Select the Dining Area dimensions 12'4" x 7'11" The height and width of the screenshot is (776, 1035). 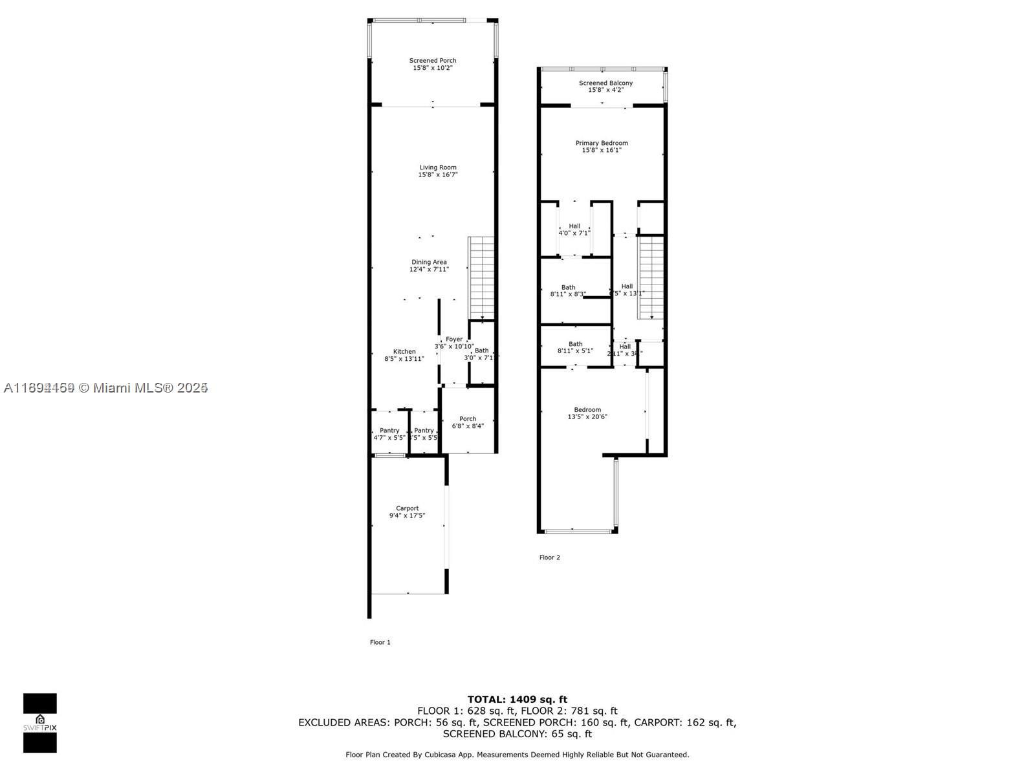click(x=429, y=270)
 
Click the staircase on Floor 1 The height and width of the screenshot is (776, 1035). click(x=481, y=277)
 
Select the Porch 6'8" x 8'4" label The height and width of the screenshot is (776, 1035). click(x=468, y=422)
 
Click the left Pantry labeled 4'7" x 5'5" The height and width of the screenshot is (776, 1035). click(x=389, y=434)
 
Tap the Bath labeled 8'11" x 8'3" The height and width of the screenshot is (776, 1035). click(x=568, y=290)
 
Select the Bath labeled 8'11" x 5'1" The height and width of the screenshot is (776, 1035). click(x=575, y=347)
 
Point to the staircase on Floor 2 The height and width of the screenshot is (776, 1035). click(x=651, y=277)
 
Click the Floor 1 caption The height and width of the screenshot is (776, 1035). click(x=380, y=642)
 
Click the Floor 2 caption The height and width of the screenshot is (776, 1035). click(x=549, y=557)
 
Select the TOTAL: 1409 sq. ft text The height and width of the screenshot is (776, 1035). click(x=517, y=699)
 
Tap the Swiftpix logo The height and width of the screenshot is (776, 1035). click(x=40, y=723)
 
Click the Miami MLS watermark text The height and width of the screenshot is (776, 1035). click(x=105, y=388)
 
